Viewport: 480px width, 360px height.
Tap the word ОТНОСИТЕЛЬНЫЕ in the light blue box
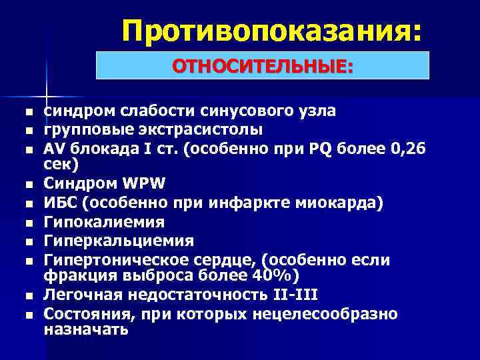[x=263, y=66]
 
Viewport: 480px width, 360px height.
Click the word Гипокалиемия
[x=103, y=221]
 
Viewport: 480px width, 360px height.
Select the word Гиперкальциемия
[x=119, y=240]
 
